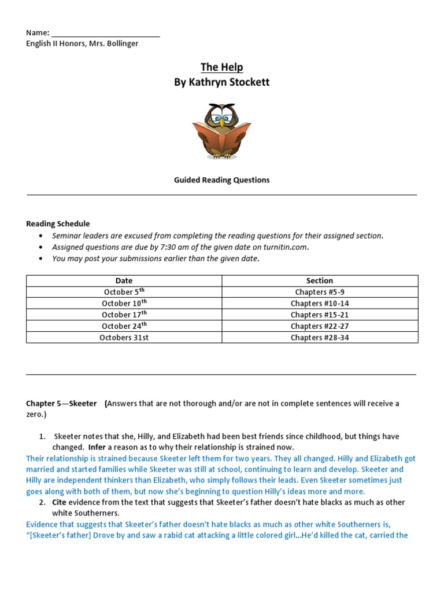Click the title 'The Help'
[x=221, y=67]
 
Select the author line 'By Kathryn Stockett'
[x=221, y=82]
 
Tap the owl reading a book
[x=221, y=131]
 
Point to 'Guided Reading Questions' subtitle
[x=221, y=180]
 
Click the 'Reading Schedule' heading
[x=58, y=224]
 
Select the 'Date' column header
[x=124, y=281]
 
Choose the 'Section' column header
[x=320, y=281]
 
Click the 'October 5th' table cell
[x=124, y=292]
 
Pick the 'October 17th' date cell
[x=124, y=315]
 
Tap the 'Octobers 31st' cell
[x=124, y=338]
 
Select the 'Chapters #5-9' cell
[x=320, y=292]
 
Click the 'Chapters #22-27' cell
[x=320, y=326]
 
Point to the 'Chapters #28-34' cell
[x=320, y=338]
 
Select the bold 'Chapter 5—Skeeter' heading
[x=61, y=404]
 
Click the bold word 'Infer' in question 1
[x=97, y=448]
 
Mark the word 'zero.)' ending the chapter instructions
[x=36, y=415]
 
